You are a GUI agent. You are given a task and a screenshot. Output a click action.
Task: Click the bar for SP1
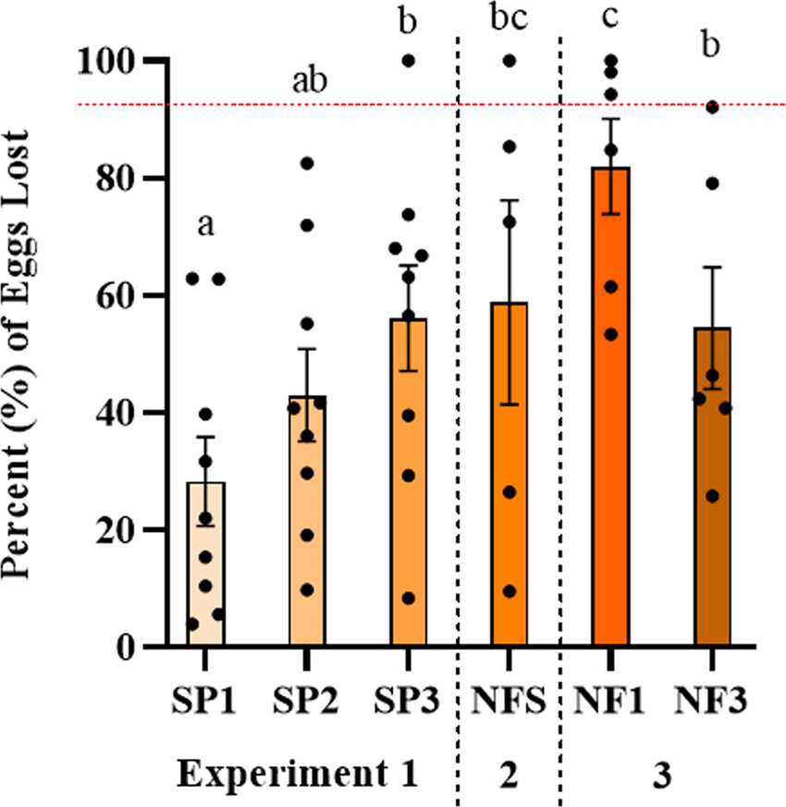coord(205,565)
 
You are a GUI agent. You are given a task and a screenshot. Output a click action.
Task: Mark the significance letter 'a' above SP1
coord(205,224)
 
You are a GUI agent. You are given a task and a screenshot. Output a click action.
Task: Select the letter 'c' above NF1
coord(611,19)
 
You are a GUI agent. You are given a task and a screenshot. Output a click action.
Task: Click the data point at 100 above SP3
coord(408,61)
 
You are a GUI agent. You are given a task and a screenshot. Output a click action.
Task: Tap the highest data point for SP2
coord(307,164)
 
